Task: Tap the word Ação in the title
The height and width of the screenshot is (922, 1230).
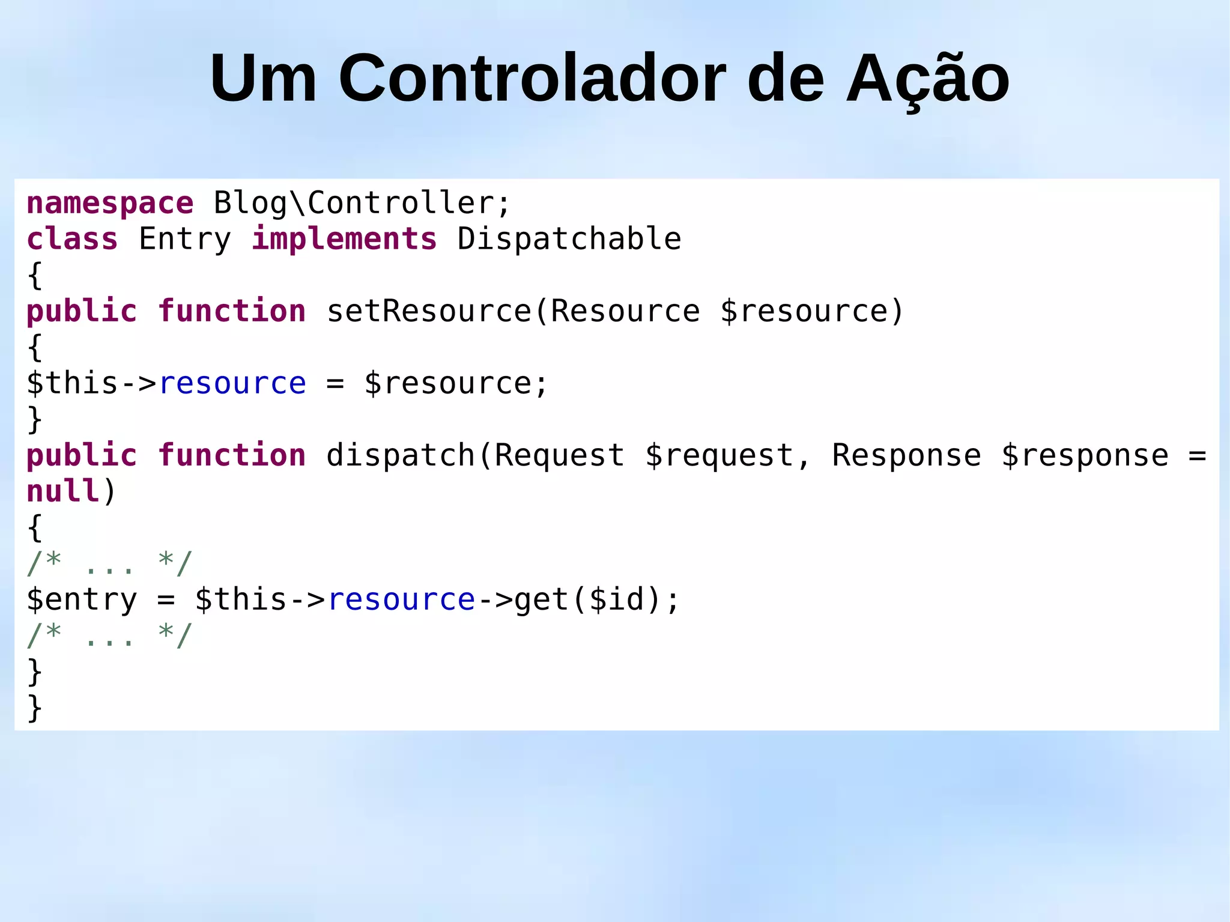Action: tap(927, 79)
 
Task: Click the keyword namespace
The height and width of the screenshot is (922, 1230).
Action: tap(110, 203)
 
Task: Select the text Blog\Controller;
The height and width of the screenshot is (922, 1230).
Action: tap(362, 203)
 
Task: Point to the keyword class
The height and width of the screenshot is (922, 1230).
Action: tap(72, 239)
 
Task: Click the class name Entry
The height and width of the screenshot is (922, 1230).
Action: tap(185, 239)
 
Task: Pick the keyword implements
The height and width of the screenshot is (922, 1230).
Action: tap(344, 239)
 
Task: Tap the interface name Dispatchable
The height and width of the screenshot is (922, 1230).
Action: tap(569, 239)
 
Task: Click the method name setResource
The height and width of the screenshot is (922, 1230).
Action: tap(429, 311)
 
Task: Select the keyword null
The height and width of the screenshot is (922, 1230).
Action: tap(63, 491)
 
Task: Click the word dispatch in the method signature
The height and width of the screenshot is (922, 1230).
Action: tap(401, 455)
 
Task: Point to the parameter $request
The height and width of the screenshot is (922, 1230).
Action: tap(720, 455)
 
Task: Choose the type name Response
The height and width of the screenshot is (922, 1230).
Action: tap(906, 455)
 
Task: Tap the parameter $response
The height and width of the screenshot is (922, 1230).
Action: tap(1085, 455)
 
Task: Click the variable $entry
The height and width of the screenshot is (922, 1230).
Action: tap(82, 599)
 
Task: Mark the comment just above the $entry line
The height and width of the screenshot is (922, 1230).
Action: tap(109, 563)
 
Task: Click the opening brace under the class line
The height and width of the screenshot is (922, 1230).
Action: tap(35, 275)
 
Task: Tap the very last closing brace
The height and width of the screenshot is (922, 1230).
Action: tap(35, 708)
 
